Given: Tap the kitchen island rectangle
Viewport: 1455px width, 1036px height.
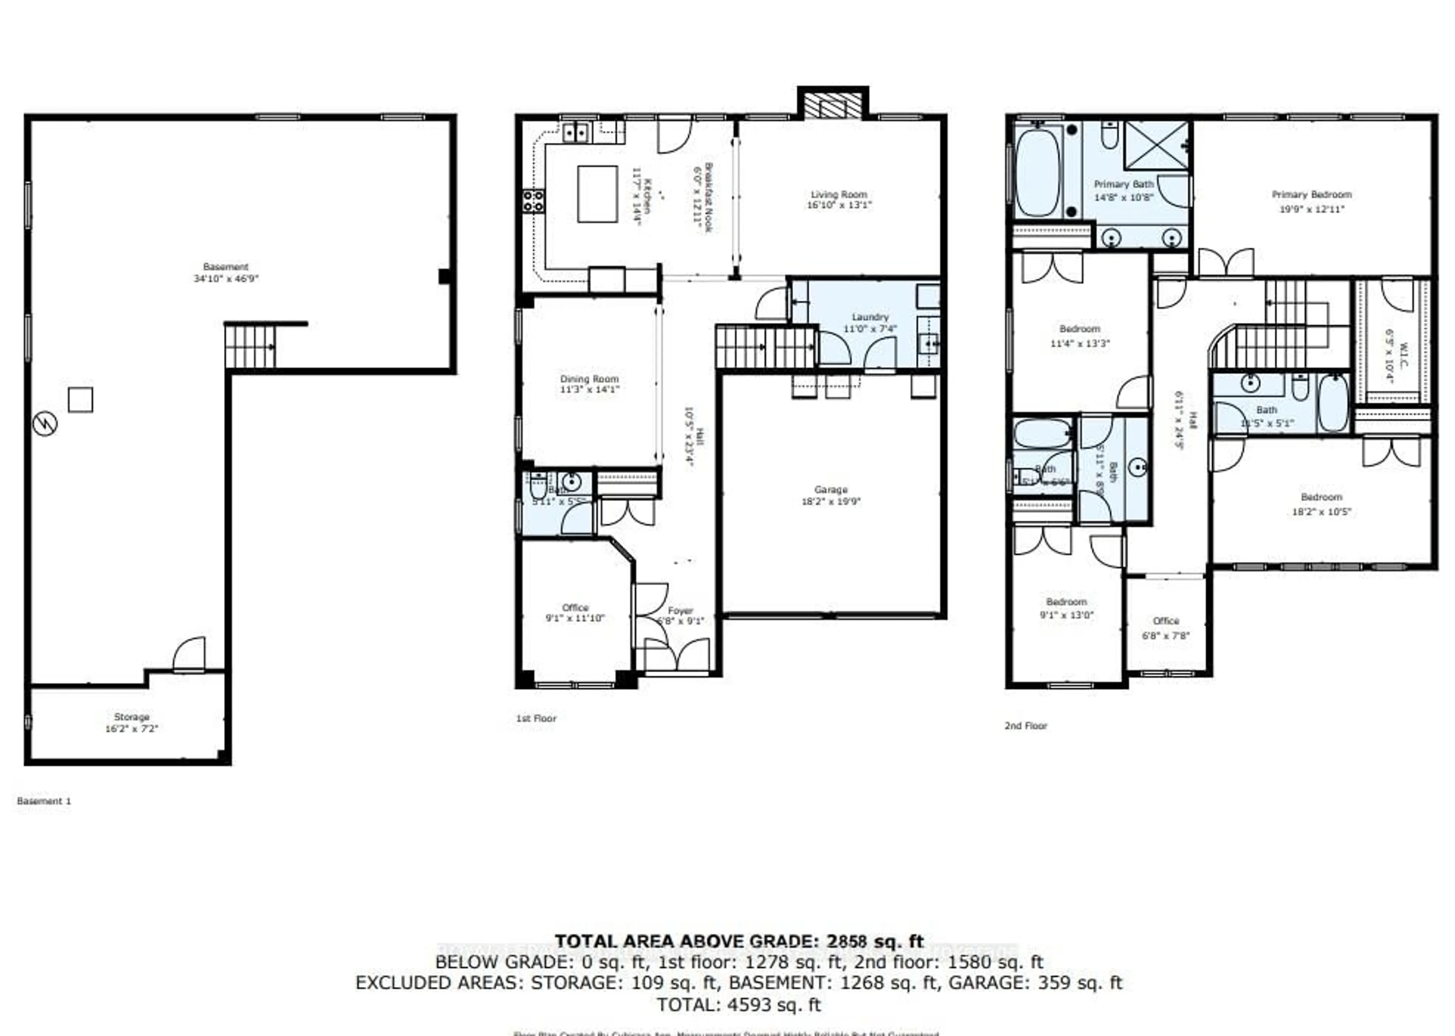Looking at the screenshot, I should [597, 194].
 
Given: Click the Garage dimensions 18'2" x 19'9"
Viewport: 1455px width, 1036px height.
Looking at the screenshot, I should [831, 501].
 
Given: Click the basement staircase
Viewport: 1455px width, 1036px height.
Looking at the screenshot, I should [250, 346].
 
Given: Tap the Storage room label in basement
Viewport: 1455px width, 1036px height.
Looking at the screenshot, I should [131, 717].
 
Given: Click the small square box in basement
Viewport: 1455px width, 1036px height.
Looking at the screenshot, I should [80, 400].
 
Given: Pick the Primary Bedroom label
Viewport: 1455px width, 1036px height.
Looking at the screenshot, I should [1311, 194].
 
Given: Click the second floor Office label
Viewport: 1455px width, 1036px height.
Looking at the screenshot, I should [1166, 621].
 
